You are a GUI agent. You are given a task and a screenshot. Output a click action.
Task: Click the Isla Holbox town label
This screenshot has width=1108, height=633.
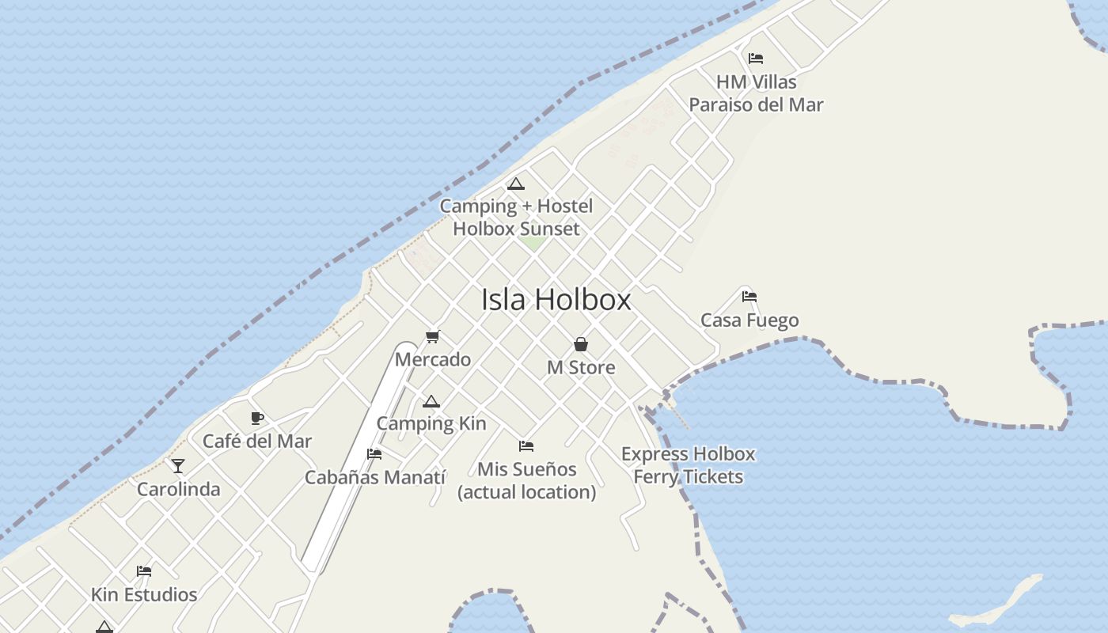(556, 300)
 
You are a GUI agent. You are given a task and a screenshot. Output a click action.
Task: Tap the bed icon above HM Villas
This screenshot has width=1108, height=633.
(756, 58)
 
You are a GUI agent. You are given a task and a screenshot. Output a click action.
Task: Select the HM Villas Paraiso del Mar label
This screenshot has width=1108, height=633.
(756, 93)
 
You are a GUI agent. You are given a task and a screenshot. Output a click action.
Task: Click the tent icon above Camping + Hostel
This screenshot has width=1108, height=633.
(516, 184)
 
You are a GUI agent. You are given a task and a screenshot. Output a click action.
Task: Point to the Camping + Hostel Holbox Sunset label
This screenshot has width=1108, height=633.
(516, 218)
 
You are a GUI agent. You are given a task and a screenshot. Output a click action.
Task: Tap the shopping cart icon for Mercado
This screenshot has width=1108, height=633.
(432, 336)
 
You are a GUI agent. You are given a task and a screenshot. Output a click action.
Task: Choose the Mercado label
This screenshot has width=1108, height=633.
(433, 359)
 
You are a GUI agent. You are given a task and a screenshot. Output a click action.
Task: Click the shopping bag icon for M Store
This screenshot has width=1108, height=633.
(581, 344)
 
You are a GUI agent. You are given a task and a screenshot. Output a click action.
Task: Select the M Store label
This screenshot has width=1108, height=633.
(581, 367)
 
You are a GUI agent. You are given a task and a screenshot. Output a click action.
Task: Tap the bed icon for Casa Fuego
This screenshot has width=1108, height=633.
(749, 297)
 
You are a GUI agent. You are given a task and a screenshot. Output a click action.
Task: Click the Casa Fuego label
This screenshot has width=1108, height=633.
(749, 320)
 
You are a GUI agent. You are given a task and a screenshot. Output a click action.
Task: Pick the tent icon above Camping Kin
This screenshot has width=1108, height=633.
(431, 401)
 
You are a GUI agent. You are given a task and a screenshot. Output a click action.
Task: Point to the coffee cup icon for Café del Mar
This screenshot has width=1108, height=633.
(257, 418)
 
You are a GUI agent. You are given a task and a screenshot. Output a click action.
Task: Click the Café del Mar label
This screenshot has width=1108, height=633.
(257, 441)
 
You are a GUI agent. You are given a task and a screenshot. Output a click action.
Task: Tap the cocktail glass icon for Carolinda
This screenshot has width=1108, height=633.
(178, 466)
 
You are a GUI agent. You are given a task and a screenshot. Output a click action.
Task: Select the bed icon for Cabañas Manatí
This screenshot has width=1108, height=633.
(374, 454)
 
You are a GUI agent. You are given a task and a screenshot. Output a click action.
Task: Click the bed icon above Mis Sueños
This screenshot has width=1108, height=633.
(526, 446)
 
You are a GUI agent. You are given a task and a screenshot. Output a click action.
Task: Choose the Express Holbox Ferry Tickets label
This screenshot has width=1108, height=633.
(689, 465)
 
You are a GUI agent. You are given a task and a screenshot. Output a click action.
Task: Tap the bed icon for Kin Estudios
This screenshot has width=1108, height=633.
(144, 570)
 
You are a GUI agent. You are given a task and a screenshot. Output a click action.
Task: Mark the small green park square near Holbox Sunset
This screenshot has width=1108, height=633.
(533, 243)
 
